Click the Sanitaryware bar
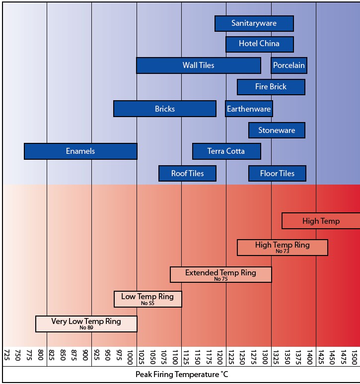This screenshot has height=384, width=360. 254,23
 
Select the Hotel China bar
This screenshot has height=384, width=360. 259,44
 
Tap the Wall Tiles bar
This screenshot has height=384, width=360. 198,65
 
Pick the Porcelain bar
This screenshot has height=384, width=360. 288,65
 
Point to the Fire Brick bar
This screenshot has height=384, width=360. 271,87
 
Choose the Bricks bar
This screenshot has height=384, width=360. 164,109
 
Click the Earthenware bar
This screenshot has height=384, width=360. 249,109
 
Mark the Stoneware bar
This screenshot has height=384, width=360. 277,130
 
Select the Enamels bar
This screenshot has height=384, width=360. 80,151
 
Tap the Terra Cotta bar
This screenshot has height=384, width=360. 226,151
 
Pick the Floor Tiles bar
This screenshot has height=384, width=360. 277,173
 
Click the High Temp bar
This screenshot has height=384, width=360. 321,221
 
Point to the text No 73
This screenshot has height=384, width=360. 282,252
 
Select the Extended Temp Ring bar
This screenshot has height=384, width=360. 220,274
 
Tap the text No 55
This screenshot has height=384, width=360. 147,303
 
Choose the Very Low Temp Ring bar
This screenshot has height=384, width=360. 86,323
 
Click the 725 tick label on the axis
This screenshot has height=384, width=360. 7,356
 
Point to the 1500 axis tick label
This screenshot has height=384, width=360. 354,356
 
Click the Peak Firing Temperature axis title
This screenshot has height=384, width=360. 182,375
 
